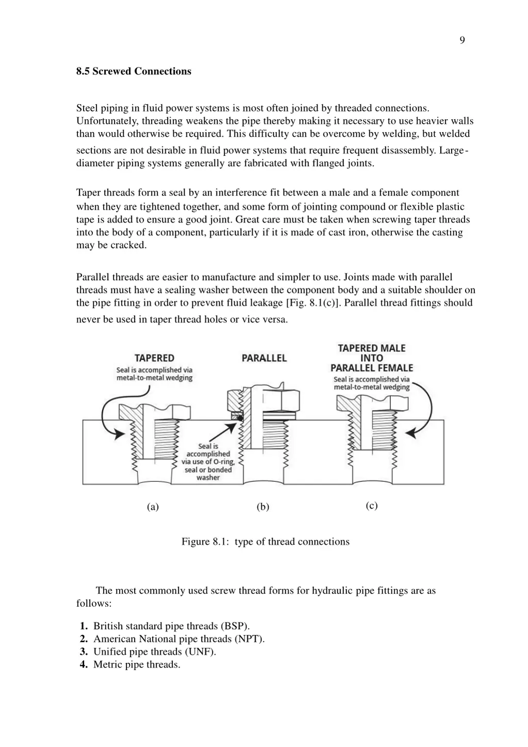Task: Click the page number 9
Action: (x=462, y=40)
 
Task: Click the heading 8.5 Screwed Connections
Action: (x=134, y=71)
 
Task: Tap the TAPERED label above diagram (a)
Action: (x=154, y=358)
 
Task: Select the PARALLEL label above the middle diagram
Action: (x=264, y=358)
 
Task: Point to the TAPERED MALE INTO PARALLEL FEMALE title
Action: (x=371, y=358)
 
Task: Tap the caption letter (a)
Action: (x=153, y=507)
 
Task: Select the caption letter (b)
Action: (x=263, y=507)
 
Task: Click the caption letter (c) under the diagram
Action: (x=372, y=506)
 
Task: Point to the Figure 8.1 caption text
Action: (x=265, y=542)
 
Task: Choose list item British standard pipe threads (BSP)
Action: (x=171, y=626)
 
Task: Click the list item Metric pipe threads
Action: (x=137, y=664)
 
